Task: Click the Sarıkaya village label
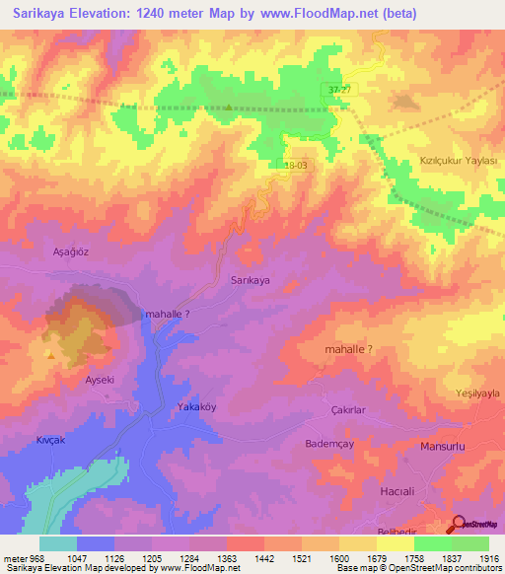[250, 280]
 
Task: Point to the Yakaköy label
[195, 406]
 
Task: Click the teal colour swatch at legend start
[58, 543]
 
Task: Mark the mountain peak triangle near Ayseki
[46, 350]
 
